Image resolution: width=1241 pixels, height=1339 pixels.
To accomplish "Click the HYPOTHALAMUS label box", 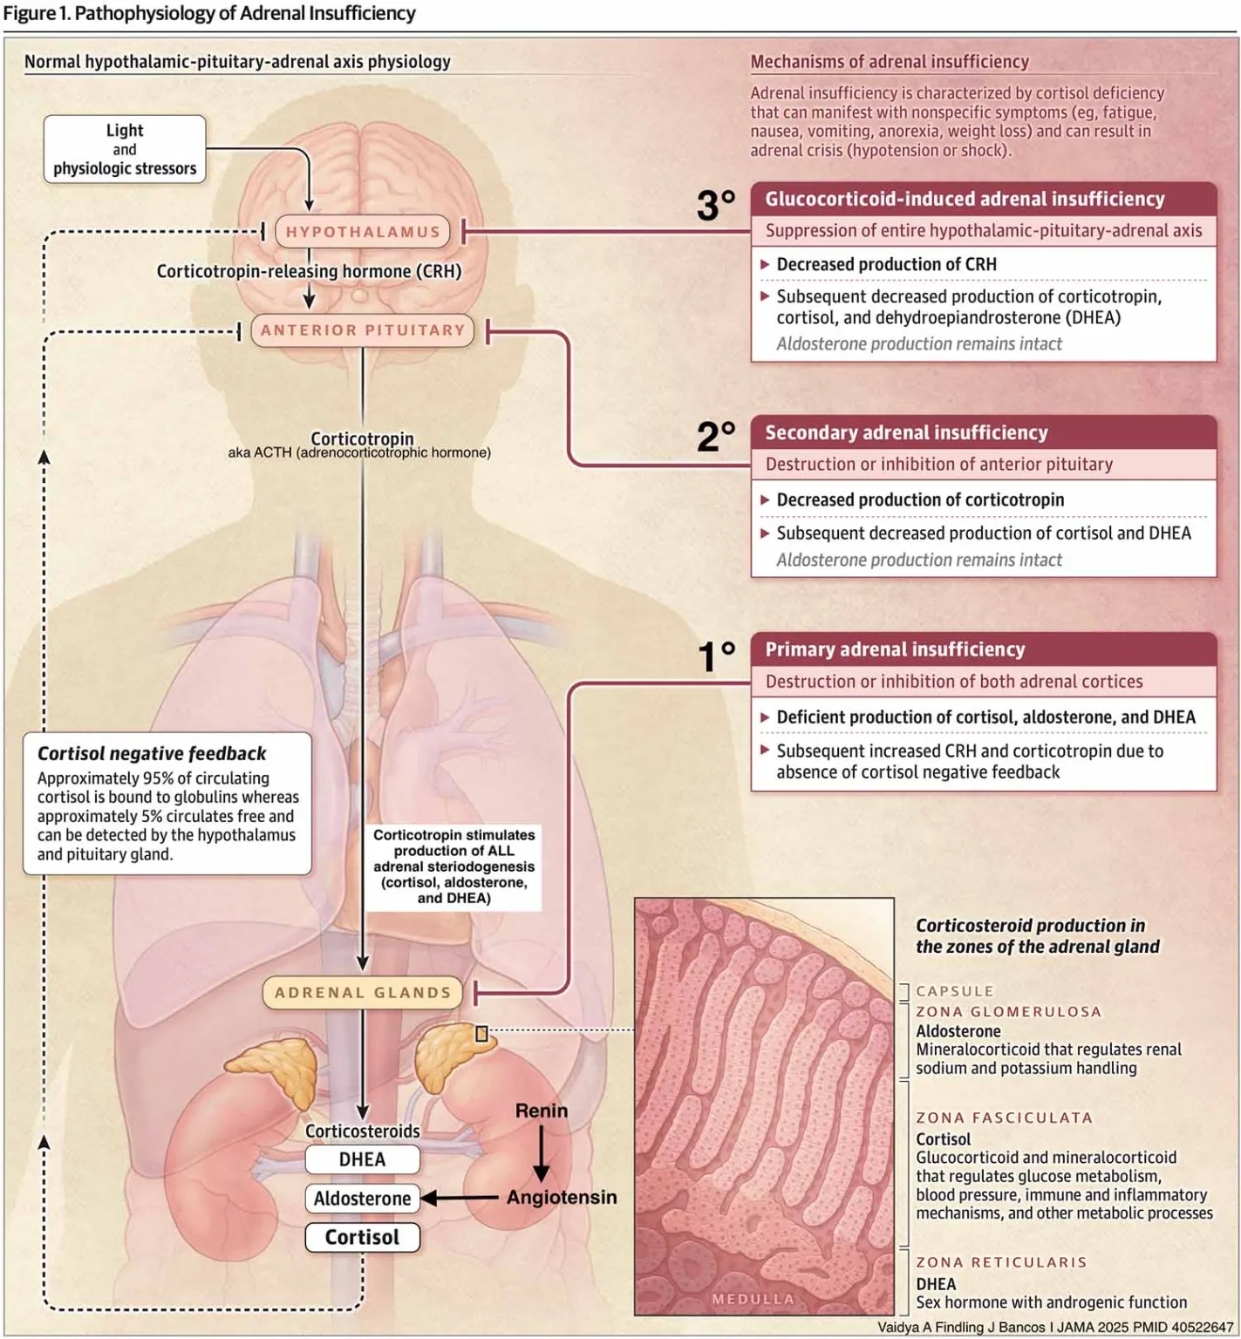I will click(363, 232).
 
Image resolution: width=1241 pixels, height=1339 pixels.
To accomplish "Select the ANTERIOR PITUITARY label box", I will click(363, 330).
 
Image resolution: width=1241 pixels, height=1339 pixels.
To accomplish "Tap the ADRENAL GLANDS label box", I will click(363, 993).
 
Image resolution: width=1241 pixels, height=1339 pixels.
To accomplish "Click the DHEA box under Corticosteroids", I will click(362, 1159).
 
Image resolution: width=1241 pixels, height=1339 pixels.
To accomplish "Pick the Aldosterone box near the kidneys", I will click(362, 1199).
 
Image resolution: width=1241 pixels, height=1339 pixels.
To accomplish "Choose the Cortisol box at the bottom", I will click(362, 1237).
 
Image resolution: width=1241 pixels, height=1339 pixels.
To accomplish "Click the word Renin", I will click(541, 1111).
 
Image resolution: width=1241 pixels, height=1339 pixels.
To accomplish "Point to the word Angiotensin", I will click(562, 1197).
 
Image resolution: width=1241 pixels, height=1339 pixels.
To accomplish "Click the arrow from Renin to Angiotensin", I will click(541, 1152).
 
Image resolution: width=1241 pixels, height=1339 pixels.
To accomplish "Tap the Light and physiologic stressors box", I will click(125, 149).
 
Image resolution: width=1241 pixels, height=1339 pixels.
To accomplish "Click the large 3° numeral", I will click(716, 206).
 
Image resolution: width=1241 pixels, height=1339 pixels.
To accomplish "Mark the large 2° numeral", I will click(716, 436).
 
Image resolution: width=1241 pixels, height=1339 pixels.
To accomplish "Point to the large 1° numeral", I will click(716, 656).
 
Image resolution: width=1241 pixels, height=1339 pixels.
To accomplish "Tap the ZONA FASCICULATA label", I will click(1004, 1118).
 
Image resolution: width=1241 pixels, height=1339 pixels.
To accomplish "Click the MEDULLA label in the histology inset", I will click(753, 1299).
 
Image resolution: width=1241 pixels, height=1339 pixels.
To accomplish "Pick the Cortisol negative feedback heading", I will click(152, 753).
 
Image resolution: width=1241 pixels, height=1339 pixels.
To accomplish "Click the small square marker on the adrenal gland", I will click(481, 1034).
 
